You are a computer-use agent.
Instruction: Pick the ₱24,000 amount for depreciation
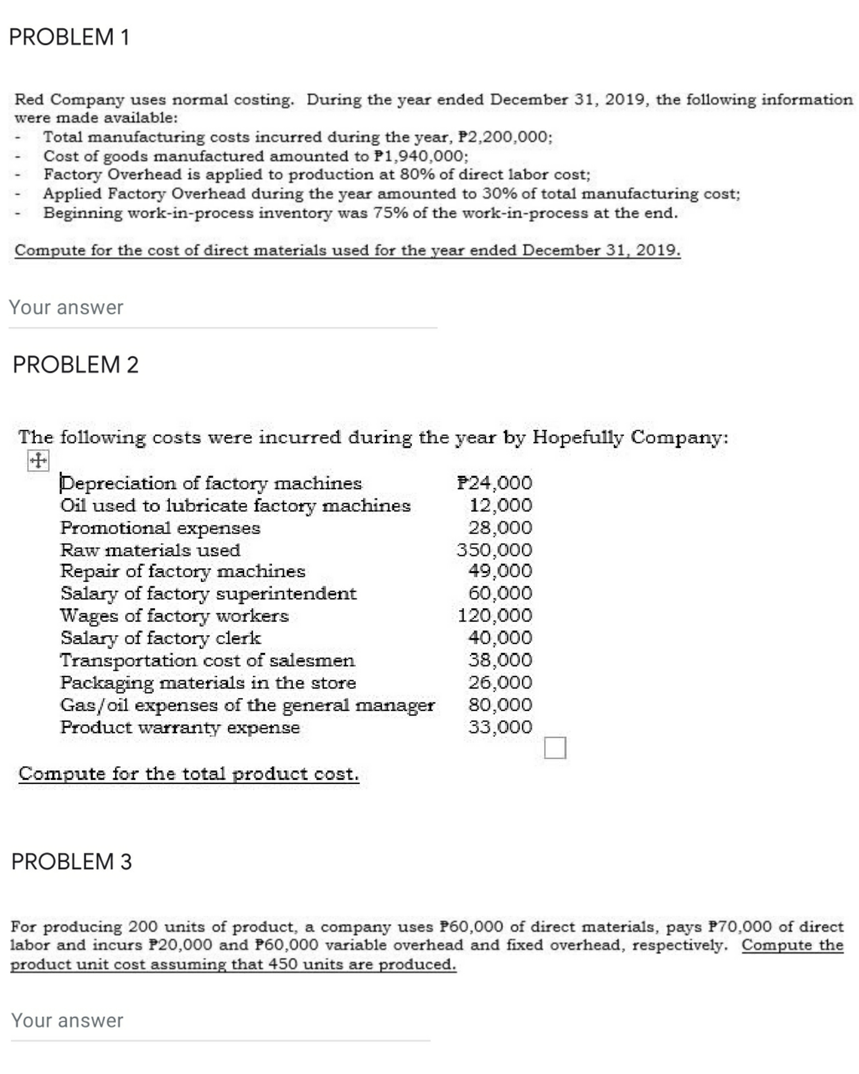495,483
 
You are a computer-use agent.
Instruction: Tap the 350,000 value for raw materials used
495,550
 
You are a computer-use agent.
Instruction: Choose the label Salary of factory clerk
160,638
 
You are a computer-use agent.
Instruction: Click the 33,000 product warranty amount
500,727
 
